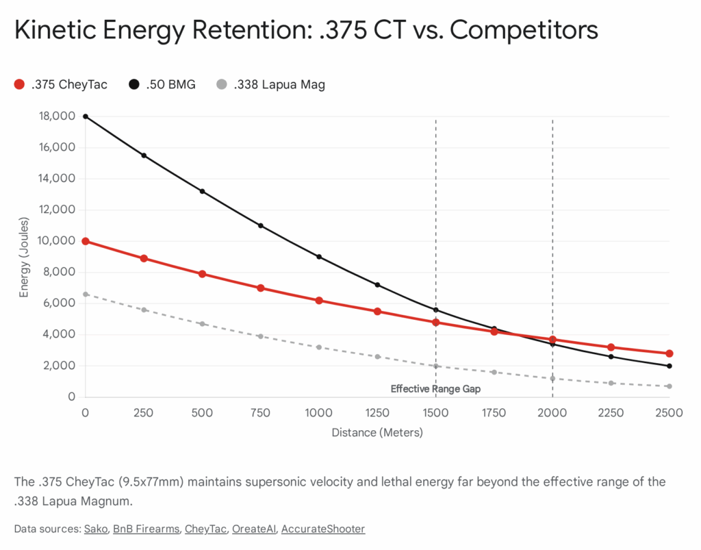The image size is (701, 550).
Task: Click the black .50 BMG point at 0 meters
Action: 86,116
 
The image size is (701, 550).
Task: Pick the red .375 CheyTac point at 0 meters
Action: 86,241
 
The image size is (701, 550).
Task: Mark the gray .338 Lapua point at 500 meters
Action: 202,323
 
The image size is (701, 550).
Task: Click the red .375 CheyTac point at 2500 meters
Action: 669,353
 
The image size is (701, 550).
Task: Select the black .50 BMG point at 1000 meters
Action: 319,257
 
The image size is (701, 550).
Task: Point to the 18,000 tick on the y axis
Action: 58,116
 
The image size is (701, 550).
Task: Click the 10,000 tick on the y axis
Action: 58,241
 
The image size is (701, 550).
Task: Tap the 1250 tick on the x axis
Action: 377,413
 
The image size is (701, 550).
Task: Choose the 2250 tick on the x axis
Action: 611,413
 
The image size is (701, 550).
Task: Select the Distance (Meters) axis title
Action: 377,433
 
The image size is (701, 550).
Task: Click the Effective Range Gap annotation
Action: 435,388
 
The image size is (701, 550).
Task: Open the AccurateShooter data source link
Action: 322,529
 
